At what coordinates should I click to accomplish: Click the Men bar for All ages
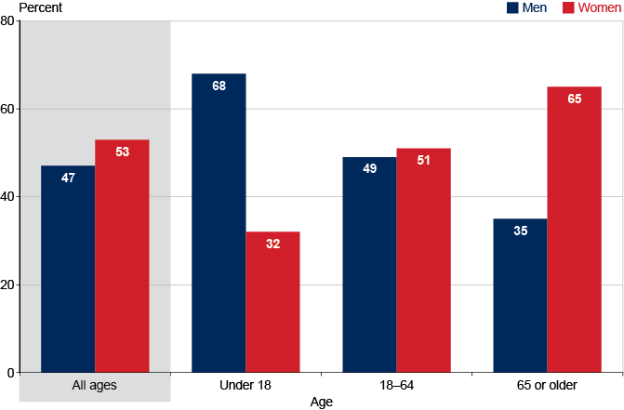pos(68,270)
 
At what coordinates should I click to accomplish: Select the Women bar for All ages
pos(122,257)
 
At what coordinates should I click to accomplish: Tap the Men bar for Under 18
pos(219,223)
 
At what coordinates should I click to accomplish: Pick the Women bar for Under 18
pos(272,302)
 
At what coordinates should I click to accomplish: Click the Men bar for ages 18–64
pos(369,265)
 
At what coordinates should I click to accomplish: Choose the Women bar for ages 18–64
pos(423,260)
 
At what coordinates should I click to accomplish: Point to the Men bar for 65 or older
pos(520,296)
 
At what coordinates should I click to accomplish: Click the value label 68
pos(219,86)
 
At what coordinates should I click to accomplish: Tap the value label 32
pos(272,245)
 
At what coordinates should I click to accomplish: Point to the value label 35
pos(520,231)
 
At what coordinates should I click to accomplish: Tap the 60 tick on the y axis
pos(8,109)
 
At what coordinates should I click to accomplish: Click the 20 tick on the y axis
pos(8,284)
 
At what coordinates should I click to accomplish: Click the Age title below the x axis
pos(322,403)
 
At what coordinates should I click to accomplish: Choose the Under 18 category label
pos(246,386)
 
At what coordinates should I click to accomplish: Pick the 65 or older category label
pos(547,386)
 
